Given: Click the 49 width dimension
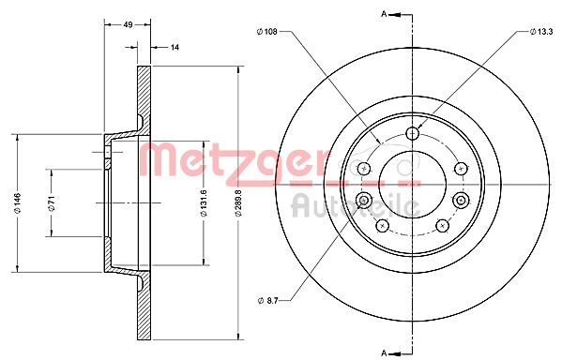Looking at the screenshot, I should [x=127, y=26].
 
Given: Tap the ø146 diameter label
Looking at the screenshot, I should [x=16, y=199].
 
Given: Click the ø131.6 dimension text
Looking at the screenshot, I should [x=204, y=199].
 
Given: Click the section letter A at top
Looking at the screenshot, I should [x=383, y=14].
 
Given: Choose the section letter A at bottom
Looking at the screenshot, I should [x=383, y=352].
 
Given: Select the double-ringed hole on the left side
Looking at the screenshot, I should [x=364, y=201].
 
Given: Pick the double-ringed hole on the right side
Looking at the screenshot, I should [x=460, y=201].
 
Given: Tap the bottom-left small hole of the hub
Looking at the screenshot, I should [x=382, y=225].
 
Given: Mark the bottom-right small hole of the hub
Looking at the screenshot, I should [x=441, y=225].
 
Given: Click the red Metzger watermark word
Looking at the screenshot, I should [x=222, y=159].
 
